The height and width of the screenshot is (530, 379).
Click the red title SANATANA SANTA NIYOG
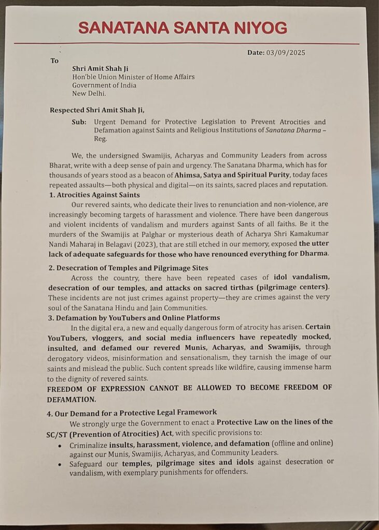click(183, 27)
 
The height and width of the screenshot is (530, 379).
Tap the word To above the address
click(54, 61)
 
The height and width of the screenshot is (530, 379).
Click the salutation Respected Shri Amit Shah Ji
click(97, 110)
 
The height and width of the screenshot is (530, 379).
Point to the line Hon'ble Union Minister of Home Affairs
click(133, 77)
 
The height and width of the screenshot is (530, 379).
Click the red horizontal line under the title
click(187, 43)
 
